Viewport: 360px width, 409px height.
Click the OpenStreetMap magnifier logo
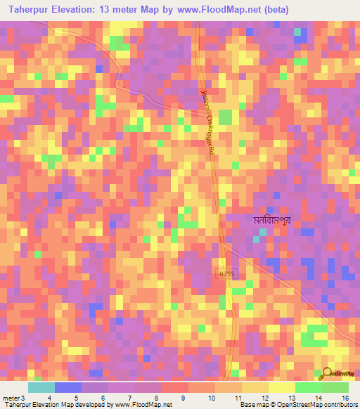(x=326, y=375)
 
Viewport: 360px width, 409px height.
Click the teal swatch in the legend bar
(x=41, y=387)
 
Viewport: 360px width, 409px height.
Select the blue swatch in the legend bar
(x=67, y=387)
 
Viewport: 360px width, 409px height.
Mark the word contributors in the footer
(x=340, y=405)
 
